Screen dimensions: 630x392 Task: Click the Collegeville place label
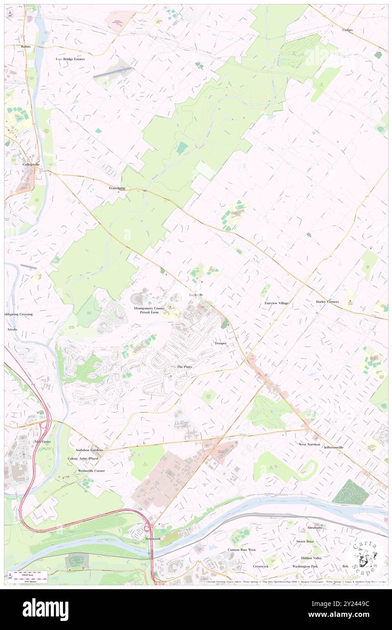pyautogui.click(x=32, y=164)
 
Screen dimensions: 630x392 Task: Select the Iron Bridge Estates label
pyautogui.click(x=70, y=59)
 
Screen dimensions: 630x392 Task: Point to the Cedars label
pyautogui.click(x=347, y=30)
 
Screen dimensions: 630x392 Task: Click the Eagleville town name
pyautogui.click(x=196, y=295)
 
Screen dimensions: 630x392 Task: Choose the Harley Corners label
pyautogui.click(x=327, y=301)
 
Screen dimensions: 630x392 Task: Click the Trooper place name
pyautogui.click(x=220, y=343)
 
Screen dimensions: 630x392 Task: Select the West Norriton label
pyautogui.click(x=309, y=444)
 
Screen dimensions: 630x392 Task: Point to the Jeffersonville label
pyautogui.click(x=334, y=447)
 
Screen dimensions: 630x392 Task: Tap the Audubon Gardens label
pyautogui.click(x=89, y=450)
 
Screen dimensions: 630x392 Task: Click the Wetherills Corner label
pyautogui.click(x=91, y=470)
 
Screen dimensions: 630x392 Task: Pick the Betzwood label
pyautogui.click(x=153, y=538)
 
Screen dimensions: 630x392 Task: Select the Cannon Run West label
pyautogui.click(x=241, y=549)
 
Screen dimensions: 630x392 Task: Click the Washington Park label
pyautogui.click(x=305, y=566)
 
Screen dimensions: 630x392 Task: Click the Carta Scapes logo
pyautogui.click(x=365, y=558)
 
